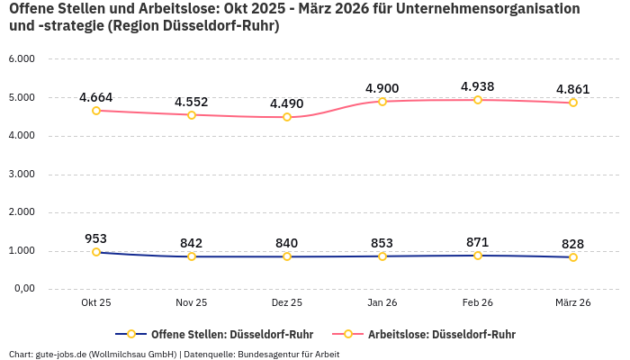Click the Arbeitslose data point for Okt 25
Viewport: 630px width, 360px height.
(96, 111)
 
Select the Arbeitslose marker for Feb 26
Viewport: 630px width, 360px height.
(478, 100)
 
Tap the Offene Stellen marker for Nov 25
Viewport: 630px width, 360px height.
(192, 256)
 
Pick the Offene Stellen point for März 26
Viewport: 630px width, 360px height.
(573, 257)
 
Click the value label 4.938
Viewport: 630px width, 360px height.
(478, 86)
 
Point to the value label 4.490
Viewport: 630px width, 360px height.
(287, 103)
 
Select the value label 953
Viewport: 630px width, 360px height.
(96, 238)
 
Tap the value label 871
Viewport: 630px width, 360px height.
(478, 242)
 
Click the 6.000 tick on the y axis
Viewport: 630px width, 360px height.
(22, 58)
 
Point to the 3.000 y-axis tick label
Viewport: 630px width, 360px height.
(22, 174)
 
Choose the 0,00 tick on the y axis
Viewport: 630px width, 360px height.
(23, 289)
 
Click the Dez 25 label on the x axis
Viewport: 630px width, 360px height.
(287, 302)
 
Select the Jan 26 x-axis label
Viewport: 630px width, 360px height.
(382, 302)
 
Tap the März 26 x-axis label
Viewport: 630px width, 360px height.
(573, 302)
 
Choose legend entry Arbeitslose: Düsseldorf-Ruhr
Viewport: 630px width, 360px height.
(441, 334)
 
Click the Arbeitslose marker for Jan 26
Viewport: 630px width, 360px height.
(382, 102)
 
